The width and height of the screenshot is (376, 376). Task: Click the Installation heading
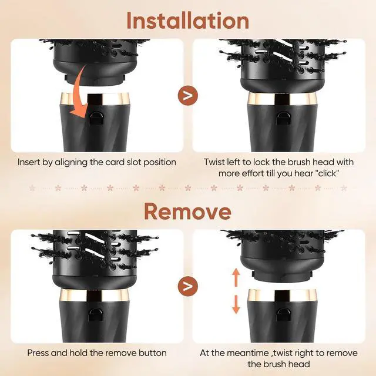pos(188,21)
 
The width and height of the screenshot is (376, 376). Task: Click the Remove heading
pos(188,211)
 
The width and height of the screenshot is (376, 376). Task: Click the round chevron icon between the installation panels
pos(188,95)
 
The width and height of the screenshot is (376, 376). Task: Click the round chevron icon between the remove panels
pos(188,286)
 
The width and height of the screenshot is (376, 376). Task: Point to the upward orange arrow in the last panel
pos(236,277)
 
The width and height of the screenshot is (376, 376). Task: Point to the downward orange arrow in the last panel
pos(236,304)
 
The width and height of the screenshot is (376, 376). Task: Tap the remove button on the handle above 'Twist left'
pos(283,118)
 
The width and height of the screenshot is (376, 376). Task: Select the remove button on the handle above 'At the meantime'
pos(283,315)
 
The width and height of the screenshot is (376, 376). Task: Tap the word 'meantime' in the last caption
pos(248,353)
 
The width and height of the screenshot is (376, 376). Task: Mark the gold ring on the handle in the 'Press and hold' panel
pos(94,295)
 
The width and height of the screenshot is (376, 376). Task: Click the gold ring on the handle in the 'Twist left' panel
pos(282,99)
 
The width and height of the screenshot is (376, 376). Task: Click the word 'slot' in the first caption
pos(133,162)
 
